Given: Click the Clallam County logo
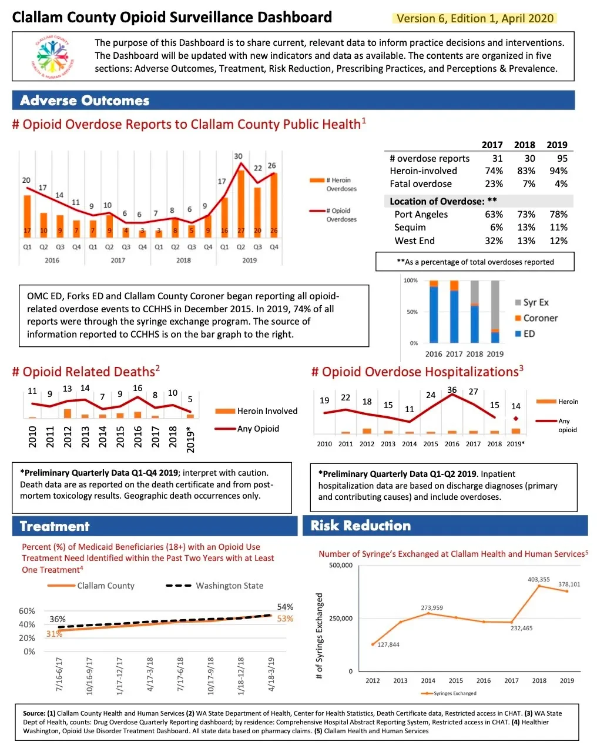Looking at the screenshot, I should pyautogui.click(x=53, y=56).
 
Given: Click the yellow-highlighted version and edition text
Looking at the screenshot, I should pyautogui.click(x=475, y=18).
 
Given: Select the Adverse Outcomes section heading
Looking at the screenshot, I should pyautogui.click(x=85, y=101).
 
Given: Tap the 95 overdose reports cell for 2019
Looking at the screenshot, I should pyautogui.click(x=562, y=158).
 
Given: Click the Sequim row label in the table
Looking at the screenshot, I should pyautogui.click(x=410, y=227).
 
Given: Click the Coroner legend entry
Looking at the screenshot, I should pyautogui.click(x=536, y=318).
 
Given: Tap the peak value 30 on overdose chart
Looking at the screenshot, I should pyautogui.click(x=238, y=156).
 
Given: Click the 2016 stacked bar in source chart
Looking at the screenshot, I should pyautogui.click(x=434, y=312).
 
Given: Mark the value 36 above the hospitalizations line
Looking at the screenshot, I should pyautogui.click(x=452, y=390).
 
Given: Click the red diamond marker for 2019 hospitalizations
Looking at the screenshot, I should pyautogui.click(x=516, y=419).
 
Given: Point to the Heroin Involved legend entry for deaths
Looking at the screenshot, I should pyautogui.click(x=256, y=411).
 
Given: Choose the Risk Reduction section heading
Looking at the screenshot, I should pyautogui.click(x=361, y=526).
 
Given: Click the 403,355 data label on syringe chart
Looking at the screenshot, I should pyautogui.click(x=539, y=580).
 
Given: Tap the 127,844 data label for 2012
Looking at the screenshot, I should pyautogui.click(x=388, y=644).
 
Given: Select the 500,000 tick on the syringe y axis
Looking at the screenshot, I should pyautogui.click(x=341, y=566).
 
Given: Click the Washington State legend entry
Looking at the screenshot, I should pyautogui.click(x=215, y=586).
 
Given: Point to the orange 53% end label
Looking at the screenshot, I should pyautogui.click(x=285, y=619).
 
